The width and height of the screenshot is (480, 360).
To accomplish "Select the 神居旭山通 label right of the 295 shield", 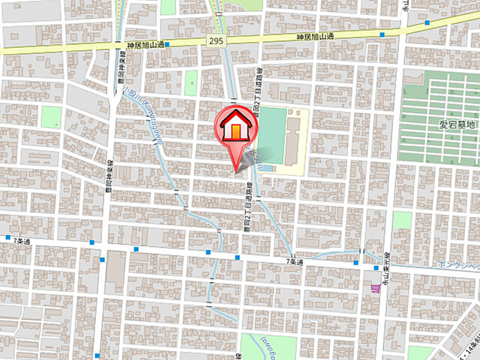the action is tap(314, 36).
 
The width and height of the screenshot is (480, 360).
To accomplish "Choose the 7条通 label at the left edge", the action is tap(23, 240).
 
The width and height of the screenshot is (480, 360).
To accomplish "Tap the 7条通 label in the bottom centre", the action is tap(294, 261).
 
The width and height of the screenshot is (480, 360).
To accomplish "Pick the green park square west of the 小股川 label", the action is tap(51, 116).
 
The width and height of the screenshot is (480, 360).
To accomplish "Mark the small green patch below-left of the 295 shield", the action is tap(191, 82).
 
